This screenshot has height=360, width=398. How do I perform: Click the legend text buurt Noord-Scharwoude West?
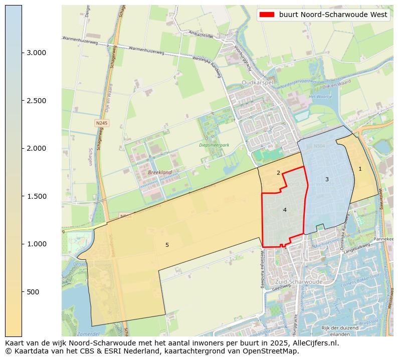click(x=333, y=15)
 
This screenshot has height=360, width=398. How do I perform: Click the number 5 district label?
click(x=167, y=245)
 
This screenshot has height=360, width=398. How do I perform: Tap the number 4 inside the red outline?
click(x=285, y=210)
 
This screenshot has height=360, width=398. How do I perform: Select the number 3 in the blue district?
click(x=327, y=179)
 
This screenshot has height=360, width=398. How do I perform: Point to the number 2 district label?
click(x=278, y=173)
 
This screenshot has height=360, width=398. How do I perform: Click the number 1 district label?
click(x=360, y=169)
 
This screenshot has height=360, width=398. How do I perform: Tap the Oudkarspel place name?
click(x=258, y=83)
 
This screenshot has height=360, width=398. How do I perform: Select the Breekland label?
click(x=160, y=172)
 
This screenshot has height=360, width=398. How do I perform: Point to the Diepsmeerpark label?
click(x=214, y=145)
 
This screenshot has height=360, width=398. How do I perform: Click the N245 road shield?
click(x=102, y=123)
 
